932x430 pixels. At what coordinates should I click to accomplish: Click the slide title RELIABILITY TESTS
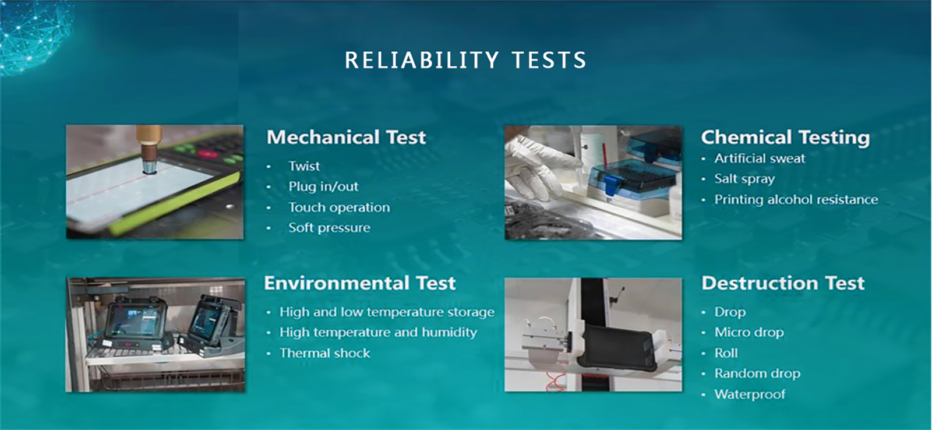point(465,60)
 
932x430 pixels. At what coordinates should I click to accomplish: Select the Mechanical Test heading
point(346,138)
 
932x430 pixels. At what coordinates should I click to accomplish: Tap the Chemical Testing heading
point(785,138)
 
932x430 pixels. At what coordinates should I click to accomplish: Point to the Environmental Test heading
point(359,283)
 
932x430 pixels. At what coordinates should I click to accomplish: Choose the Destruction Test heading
point(783,283)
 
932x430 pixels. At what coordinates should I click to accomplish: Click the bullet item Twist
point(304,166)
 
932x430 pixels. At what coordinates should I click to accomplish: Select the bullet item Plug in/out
point(323,186)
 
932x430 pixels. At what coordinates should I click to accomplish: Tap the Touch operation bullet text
point(339,207)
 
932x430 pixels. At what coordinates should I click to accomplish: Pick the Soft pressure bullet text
point(329,228)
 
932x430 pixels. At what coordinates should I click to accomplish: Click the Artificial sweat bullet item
point(760,158)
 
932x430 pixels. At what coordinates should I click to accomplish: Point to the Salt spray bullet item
point(744,179)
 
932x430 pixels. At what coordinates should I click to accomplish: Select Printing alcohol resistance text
point(796,200)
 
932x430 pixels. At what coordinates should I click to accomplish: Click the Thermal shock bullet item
point(324,353)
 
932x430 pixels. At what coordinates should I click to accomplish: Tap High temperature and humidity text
point(378,332)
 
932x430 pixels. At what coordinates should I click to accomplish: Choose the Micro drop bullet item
point(749,332)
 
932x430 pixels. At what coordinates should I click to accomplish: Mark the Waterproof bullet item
point(750,394)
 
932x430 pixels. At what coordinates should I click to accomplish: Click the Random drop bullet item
point(757,373)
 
